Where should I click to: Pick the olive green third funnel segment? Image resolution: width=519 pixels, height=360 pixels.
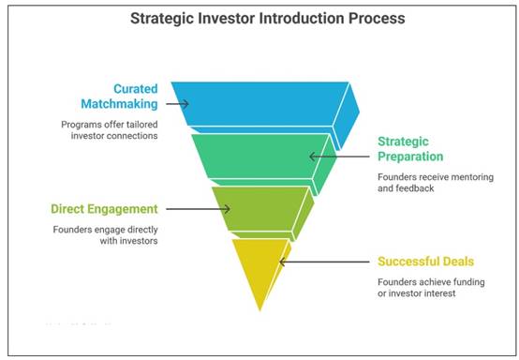pyautogui.click(x=255, y=208)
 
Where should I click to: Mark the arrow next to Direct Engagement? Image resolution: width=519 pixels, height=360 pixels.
pyautogui.click(x=215, y=209)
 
